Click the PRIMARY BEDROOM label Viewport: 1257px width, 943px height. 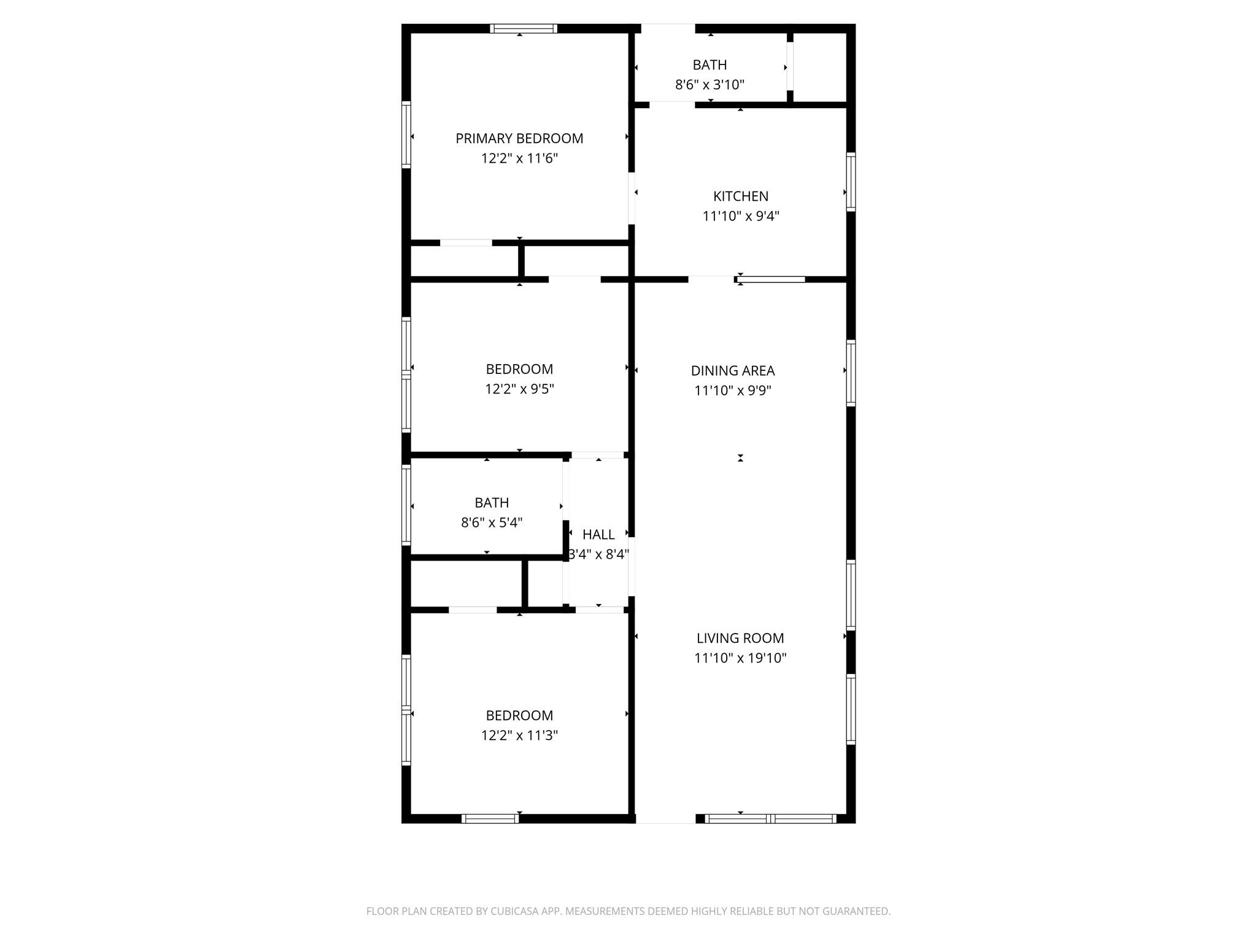(519, 139)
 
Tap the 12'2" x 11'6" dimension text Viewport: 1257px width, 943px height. (519, 158)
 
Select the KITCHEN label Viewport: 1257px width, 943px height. (740, 196)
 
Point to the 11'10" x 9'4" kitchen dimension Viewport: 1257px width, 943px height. (740, 216)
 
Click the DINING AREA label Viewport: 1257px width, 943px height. (733, 371)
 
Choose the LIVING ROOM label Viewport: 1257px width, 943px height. (740, 638)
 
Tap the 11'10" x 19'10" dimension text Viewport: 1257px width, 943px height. (740, 658)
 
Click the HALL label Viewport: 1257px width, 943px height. (598, 535)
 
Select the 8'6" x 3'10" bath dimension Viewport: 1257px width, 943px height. (710, 85)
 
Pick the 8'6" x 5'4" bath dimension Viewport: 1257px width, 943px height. (492, 522)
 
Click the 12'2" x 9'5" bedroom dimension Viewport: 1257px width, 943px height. (519, 389)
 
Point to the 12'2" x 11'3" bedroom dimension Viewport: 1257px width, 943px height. (519, 735)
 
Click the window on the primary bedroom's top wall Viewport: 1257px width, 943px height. (524, 28)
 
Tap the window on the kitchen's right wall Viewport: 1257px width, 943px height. (851, 182)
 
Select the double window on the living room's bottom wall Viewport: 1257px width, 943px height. (770, 818)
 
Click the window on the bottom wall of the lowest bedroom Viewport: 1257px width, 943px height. (490, 818)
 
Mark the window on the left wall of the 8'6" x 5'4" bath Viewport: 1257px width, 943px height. (406, 506)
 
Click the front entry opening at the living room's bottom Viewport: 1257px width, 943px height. (665, 818)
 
